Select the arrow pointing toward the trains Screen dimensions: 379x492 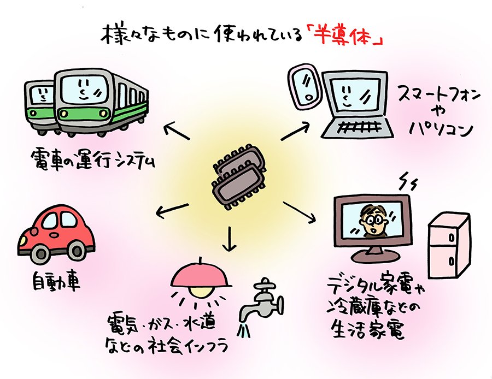click(176, 131)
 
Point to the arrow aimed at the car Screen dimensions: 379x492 click(172, 210)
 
